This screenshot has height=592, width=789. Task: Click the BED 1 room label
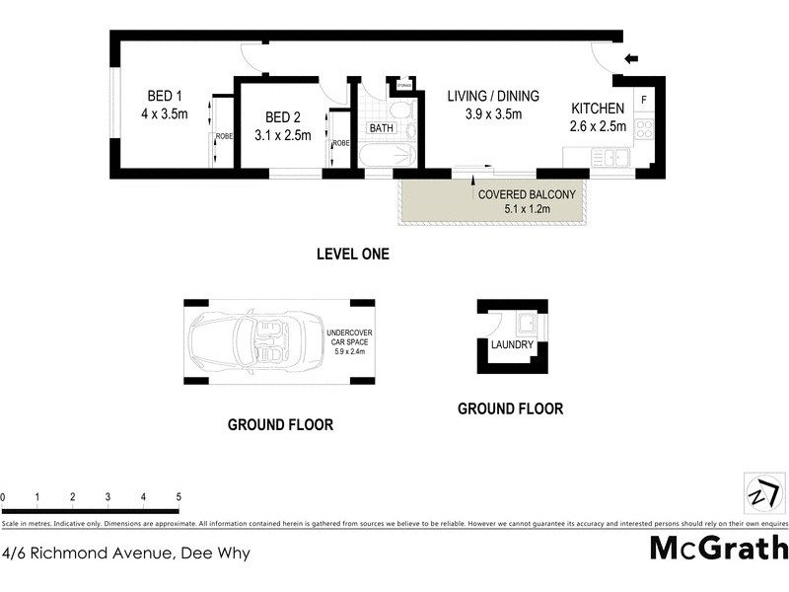coord(165,96)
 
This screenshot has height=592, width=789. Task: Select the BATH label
coord(382,128)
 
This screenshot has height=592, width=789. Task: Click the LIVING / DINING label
coord(493,96)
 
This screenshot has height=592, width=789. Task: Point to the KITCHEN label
coord(598,109)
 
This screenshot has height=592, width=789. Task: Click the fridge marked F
coord(642,99)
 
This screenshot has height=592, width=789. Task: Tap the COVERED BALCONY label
coord(527,194)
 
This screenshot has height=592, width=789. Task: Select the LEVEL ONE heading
coord(352,254)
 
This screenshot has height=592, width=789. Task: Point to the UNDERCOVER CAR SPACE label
coord(351,340)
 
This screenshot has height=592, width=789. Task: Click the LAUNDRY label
coord(512,344)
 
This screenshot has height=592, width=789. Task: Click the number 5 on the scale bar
coord(179,496)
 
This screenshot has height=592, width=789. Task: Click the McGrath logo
coord(718,547)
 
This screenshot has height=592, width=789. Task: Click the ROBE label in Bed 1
coord(224,135)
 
